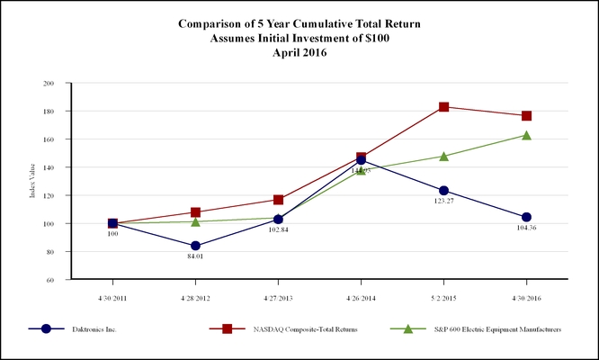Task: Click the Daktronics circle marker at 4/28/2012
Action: click(x=195, y=246)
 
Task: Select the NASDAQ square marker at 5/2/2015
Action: click(x=443, y=107)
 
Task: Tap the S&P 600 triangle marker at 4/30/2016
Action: click(x=526, y=135)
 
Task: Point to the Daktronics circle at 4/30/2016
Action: click(x=526, y=217)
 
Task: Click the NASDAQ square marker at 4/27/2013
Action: click(x=278, y=200)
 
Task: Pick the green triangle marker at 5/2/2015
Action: click(x=443, y=156)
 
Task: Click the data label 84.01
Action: click(x=195, y=258)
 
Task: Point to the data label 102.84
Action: click(x=278, y=231)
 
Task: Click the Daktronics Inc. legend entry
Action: click(x=94, y=329)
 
